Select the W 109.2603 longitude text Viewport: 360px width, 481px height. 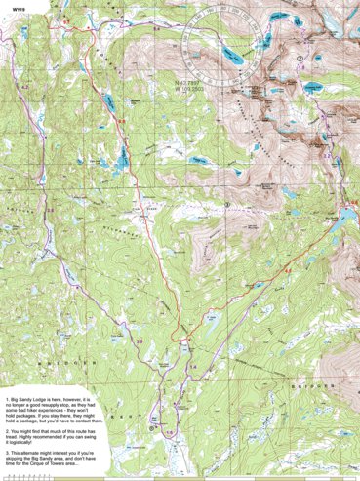coord(196,91)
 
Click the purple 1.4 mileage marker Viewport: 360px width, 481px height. coord(191,365)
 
